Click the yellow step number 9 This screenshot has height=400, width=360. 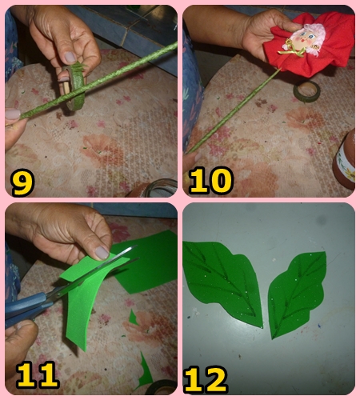(22, 182)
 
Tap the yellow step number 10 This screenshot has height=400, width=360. (211, 181)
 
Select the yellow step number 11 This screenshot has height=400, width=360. (38, 374)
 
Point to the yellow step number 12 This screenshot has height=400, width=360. (206, 380)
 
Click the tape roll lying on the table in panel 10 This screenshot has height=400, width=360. (306, 91)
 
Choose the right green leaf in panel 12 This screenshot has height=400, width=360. (298, 294)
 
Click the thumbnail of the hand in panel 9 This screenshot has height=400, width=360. (70, 57)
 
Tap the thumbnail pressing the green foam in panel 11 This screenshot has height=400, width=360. (102, 253)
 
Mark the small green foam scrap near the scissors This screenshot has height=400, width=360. (133, 318)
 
